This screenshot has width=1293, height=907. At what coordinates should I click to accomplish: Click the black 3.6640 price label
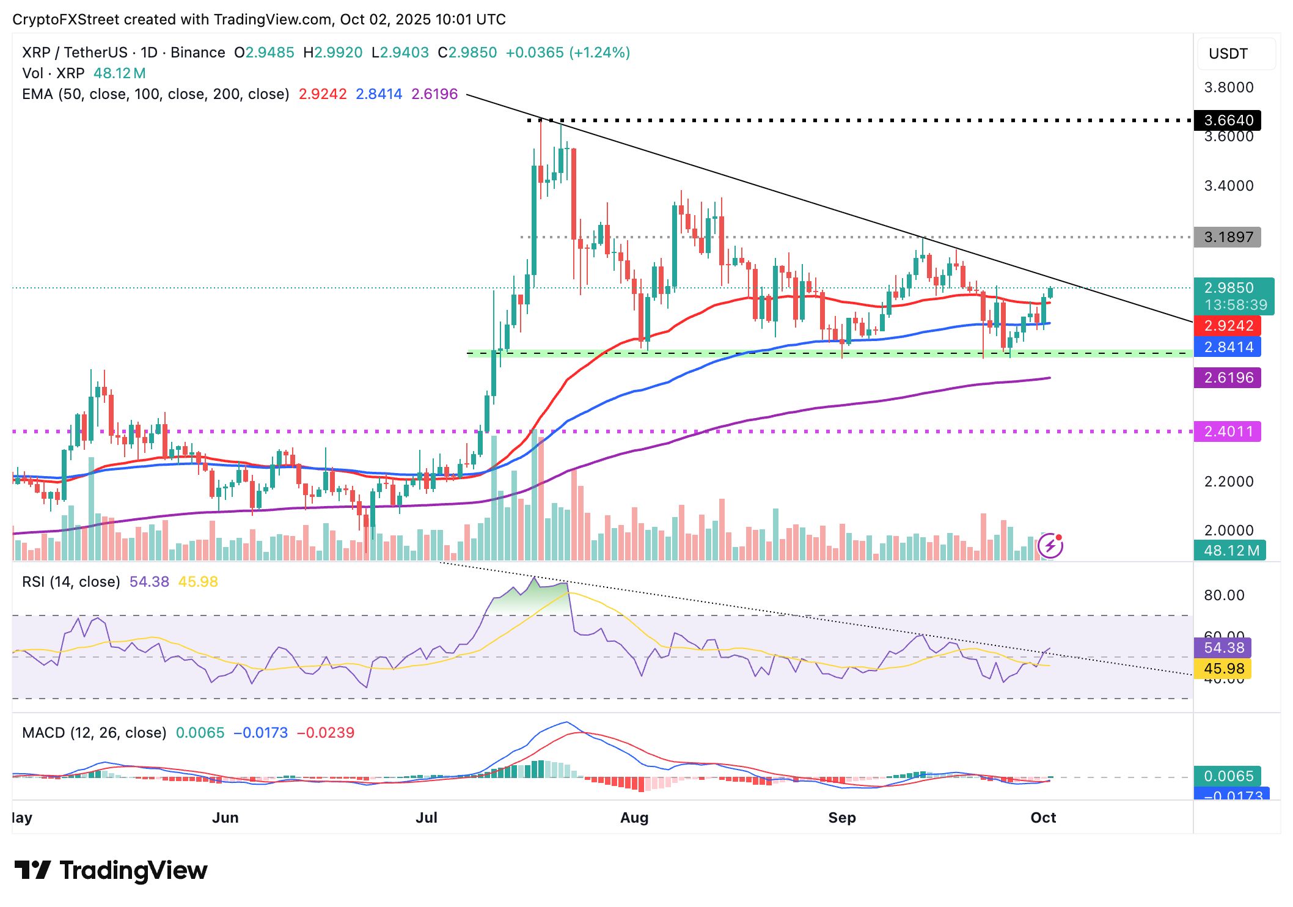tap(1227, 120)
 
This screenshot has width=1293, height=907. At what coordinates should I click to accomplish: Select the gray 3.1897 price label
tap(1227, 237)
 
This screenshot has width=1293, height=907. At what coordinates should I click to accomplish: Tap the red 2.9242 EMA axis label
tap(1227, 326)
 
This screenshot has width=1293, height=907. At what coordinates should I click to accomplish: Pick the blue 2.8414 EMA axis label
tap(1227, 347)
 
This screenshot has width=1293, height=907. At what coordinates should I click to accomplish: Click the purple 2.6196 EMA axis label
tap(1227, 378)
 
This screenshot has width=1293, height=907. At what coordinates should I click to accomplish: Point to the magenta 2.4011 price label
tap(1227, 431)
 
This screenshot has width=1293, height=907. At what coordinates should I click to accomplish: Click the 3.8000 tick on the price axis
tap(1228, 87)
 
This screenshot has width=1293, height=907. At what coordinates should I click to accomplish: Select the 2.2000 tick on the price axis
tap(1228, 482)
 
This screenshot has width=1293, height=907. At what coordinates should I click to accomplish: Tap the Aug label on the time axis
tap(634, 818)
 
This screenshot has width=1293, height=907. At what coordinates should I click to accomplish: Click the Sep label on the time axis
tap(841, 818)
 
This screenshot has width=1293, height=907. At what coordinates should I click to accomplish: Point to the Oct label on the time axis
tap(1043, 818)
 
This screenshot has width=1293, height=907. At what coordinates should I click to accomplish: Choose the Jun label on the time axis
tap(225, 818)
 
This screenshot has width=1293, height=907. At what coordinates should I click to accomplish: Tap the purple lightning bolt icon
tap(1050, 545)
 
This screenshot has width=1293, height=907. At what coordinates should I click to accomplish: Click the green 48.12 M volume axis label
tap(1231, 551)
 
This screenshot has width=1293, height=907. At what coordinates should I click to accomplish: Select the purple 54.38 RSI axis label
tap(1223, 648)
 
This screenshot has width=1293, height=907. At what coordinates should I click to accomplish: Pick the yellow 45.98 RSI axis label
tap(1223, 669)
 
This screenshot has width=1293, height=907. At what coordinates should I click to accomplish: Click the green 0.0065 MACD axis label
tap(1228, 776)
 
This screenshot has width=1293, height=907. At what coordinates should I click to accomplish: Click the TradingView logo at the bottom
tap(111, 870)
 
